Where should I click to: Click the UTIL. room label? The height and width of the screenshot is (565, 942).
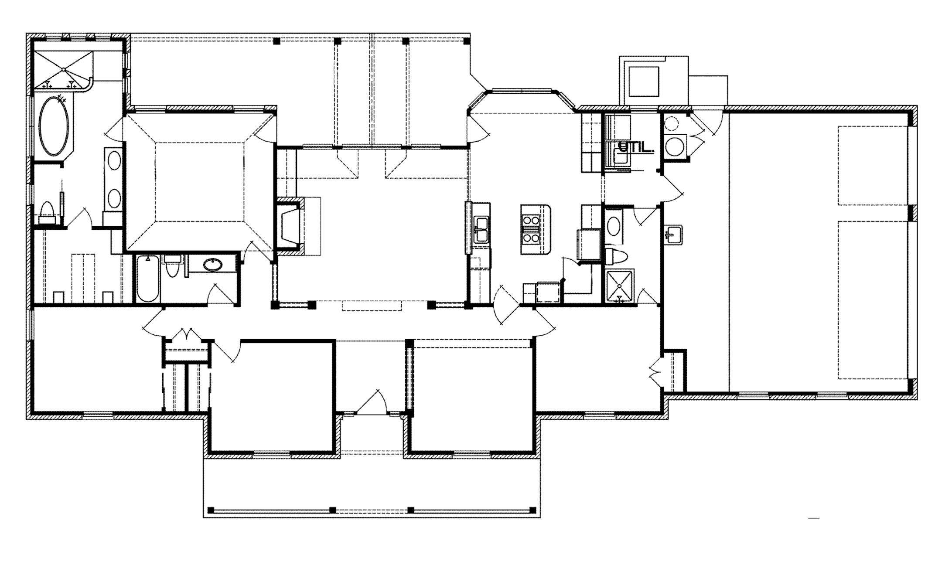[636, 147]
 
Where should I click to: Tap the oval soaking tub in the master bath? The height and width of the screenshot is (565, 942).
[54, 126]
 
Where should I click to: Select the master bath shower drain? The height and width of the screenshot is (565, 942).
[64, 69]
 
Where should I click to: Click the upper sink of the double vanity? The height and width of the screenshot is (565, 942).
[114, 161]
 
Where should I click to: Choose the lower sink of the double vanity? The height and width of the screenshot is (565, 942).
[114, 199]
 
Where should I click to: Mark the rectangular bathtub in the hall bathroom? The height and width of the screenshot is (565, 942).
[147, 279]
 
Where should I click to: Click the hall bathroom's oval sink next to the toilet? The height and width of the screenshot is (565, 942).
[212, 265]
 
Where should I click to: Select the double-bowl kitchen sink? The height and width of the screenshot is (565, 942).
[481, 230]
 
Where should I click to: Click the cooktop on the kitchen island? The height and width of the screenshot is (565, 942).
[531, 228]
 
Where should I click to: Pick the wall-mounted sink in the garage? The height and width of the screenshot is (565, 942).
[673, 235]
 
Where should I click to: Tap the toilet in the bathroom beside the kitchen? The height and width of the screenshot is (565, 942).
[616, 257]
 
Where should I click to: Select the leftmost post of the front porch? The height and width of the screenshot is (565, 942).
[211, 510]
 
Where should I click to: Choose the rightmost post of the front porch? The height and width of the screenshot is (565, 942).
[532, 510]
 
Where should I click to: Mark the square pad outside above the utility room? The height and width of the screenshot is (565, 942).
[643, 82]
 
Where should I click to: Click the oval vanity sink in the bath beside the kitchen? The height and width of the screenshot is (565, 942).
[614, 226]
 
